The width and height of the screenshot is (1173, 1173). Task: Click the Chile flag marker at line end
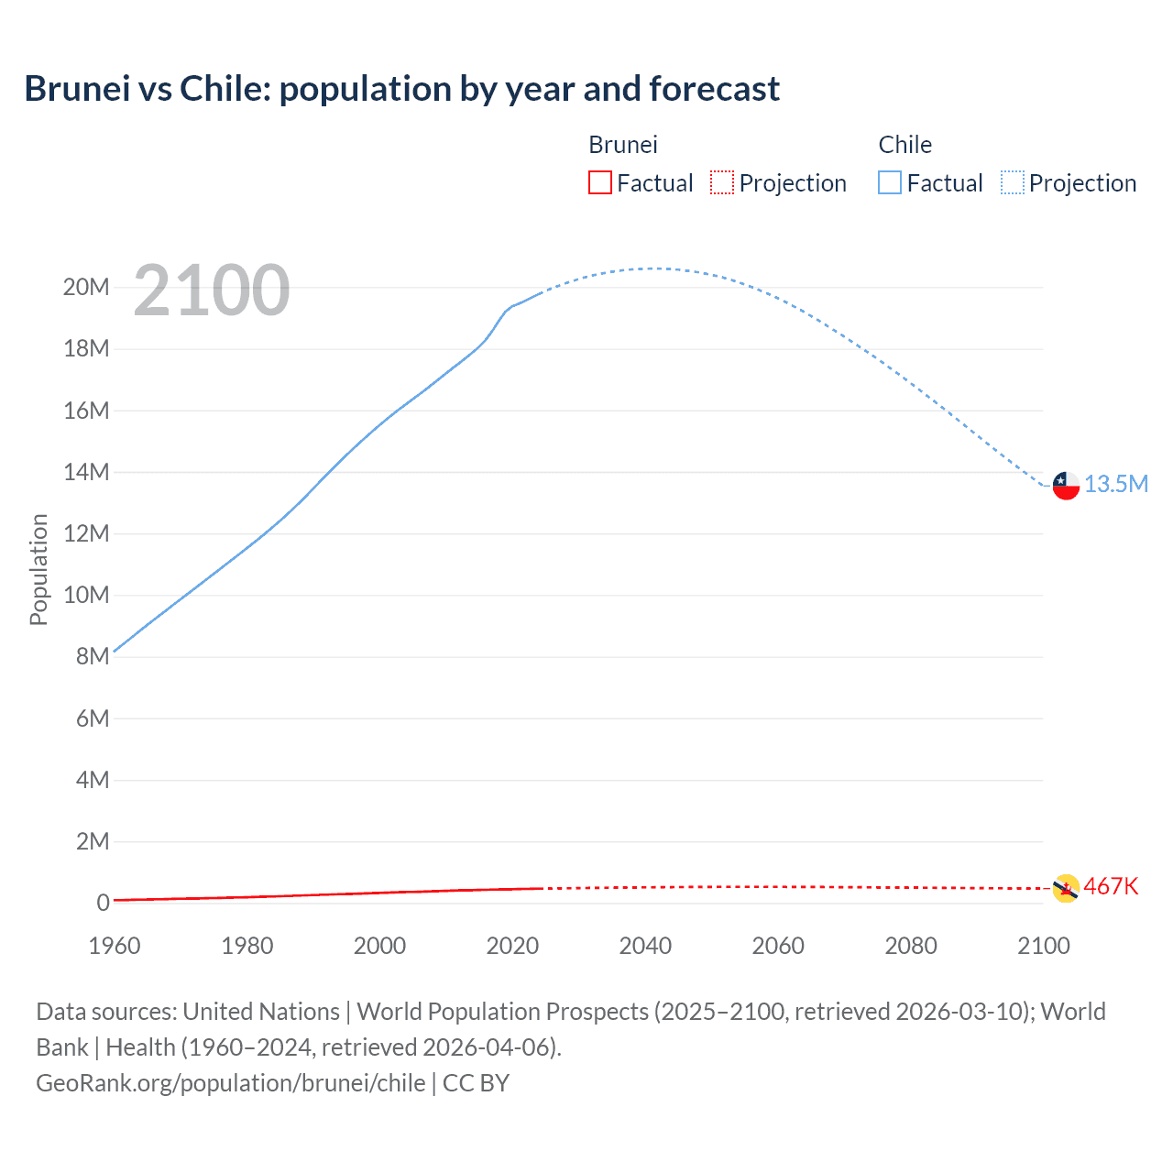click(1066, 485)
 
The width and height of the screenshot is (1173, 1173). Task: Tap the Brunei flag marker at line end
click(1066, 888)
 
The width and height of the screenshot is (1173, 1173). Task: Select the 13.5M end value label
click(1116, 484)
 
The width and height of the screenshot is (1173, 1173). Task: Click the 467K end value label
click(1111, 886)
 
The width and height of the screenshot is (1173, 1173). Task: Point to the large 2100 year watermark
click(212, 291)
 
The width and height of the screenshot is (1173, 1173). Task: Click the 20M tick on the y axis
click(86, 288)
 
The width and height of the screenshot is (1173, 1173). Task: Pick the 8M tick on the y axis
click(93, 657)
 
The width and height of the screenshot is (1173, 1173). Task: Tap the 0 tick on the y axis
click(103, 903)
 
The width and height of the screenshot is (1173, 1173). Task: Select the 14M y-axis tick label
click(86, 472)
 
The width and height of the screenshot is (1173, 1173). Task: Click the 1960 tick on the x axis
click(115, 946)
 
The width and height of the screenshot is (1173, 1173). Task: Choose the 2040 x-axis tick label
click(645, 946)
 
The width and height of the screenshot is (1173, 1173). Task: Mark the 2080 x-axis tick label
click(911, 946)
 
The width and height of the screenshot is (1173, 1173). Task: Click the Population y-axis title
click(38, 569)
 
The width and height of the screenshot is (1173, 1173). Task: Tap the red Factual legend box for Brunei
click(600, 182)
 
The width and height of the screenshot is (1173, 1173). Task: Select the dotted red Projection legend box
click(722, 182)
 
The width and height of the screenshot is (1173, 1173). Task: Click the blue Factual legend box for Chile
click(890, 182)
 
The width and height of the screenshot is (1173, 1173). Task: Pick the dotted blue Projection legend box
click(1013, 182)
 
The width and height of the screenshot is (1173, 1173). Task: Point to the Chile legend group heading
click(904, 145)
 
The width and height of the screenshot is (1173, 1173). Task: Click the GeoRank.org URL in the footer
click(230, 1083)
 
